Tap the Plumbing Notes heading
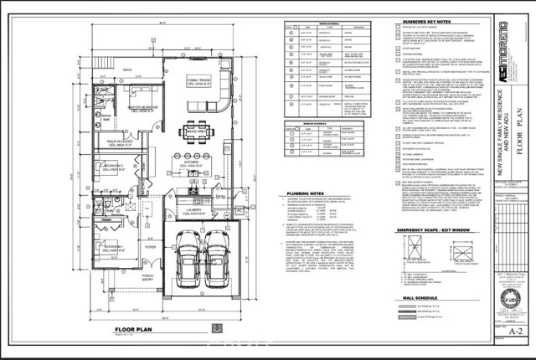coord(300,193)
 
